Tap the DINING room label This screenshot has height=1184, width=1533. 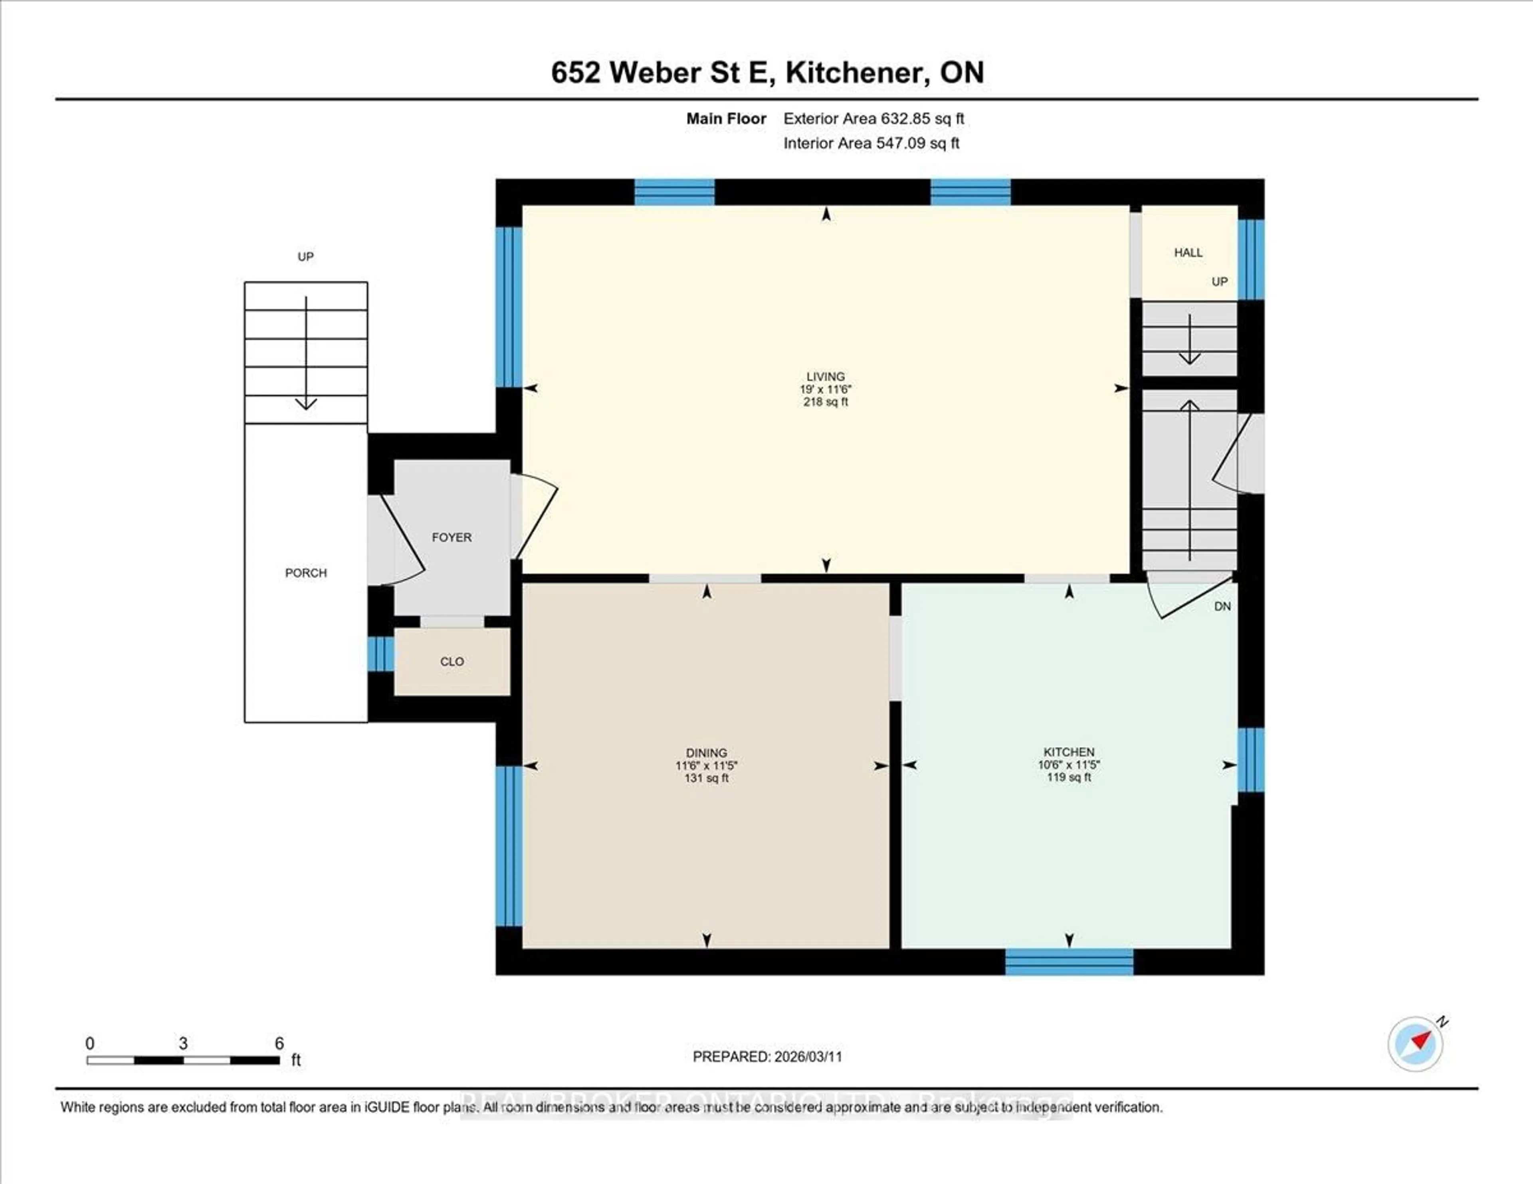(x=706, y=753)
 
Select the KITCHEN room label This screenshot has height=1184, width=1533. (x=1068, y=752)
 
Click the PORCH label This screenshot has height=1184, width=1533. (x=305, y=573)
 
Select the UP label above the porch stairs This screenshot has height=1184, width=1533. (x=305, y=257)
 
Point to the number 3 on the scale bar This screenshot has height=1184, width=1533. (x=183, y=1043)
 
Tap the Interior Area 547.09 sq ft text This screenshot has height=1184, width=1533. (x=871, y=143)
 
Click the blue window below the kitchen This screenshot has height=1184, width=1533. (x=1068, y=962)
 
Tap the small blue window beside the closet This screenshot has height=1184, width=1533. (x=380, y=653)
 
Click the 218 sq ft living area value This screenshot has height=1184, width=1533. (x=826, y=402)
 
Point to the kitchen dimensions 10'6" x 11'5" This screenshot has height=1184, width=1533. (x=1068, y=765)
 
